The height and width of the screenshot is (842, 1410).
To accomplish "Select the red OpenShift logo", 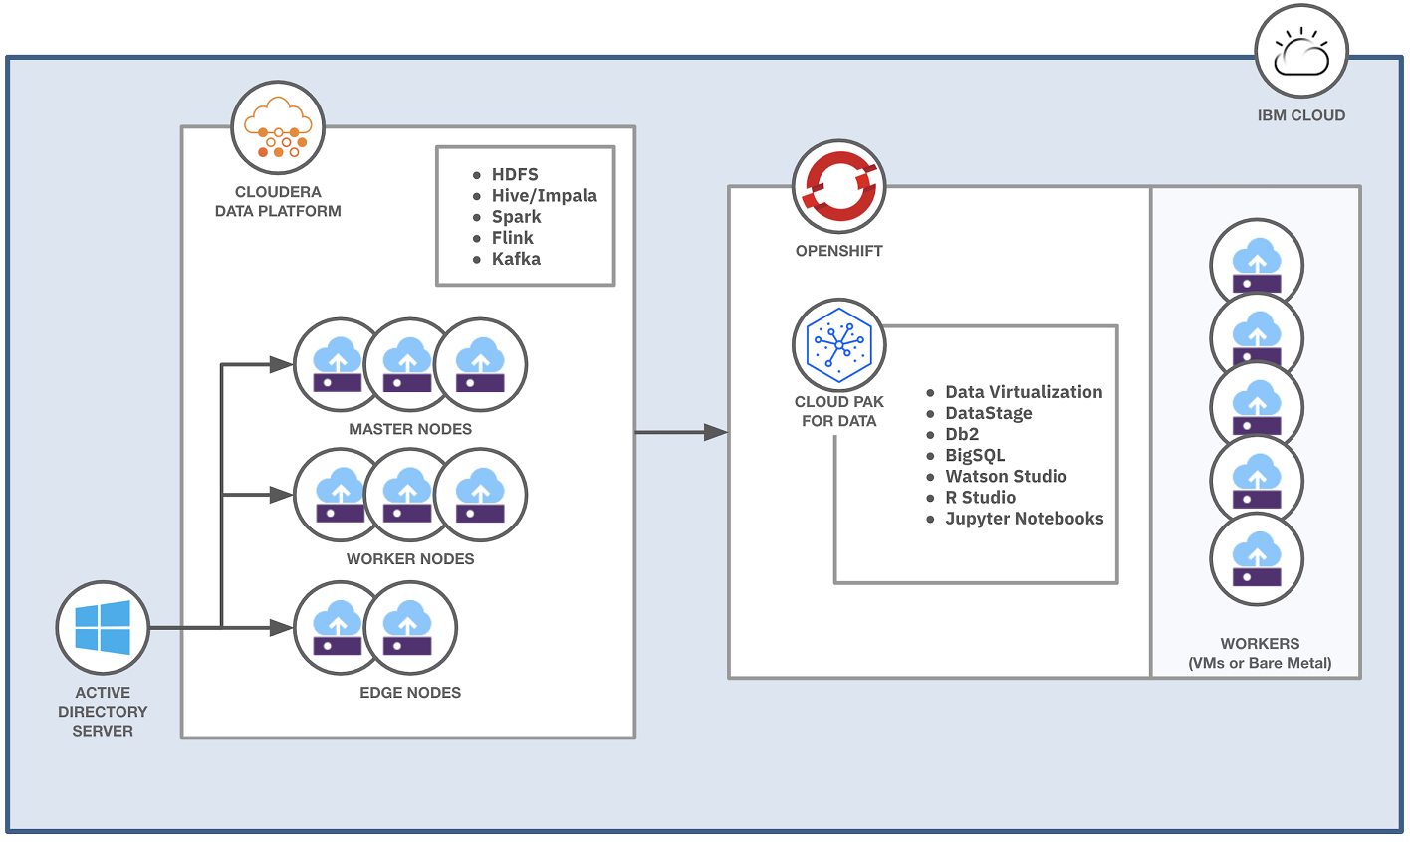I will click(x=839, y=186).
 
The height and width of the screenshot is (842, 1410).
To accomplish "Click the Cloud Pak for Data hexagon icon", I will click(x=839, y=345).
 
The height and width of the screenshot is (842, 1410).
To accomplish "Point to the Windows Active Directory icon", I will click(x=103, y=628).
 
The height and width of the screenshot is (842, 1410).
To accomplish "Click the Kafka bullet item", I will click(x=516, y=259).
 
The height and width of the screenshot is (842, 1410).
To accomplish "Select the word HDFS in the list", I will click(x=515, y=174).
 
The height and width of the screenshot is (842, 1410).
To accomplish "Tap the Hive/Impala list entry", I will click(x=544, y=195).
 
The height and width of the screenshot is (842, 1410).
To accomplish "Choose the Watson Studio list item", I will click(x=1006, y=476).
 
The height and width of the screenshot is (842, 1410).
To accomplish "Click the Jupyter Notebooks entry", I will click(x=1024, y=518).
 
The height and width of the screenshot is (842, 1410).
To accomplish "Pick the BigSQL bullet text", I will click(x=975, y=455).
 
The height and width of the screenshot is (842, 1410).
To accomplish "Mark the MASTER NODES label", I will click(x=410, y=429).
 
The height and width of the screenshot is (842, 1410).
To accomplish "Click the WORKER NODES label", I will click(x=410, y=559).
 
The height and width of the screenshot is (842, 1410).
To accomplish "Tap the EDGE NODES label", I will click(x=410, y=693).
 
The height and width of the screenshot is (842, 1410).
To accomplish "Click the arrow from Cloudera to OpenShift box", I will click(x=681, y=432).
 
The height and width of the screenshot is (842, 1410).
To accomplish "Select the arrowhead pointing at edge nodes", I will click(x=282, y=628).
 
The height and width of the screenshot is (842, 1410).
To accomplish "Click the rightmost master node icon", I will click(x=480, y=365).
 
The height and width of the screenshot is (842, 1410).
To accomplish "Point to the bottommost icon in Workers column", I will click(x=1257, y=559).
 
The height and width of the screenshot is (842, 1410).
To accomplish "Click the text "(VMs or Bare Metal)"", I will click(x=1260, y=663).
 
